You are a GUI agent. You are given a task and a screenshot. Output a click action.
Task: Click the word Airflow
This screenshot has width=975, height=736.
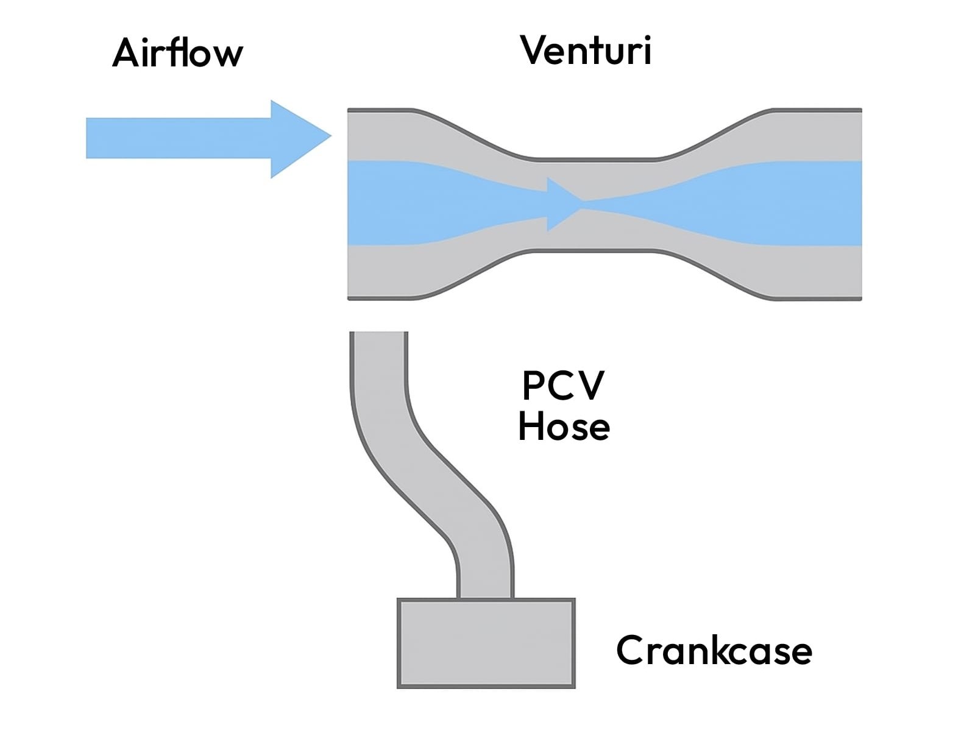click(177, 53)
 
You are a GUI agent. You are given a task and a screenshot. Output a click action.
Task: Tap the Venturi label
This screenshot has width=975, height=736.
click(586, 50)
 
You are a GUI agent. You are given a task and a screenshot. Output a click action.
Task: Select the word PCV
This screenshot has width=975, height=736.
click(563, 386)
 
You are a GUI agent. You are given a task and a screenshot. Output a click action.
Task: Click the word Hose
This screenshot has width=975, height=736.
click(564, 426)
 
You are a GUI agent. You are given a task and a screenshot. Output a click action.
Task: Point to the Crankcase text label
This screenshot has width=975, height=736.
click(714, 651)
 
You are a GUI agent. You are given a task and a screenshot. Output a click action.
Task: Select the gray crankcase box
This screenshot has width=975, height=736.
click(486, 643)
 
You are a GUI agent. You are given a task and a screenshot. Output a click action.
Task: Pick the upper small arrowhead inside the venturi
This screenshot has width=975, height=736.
click(561, 188)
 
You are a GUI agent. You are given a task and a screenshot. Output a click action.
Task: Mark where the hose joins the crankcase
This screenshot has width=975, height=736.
click(485, 597)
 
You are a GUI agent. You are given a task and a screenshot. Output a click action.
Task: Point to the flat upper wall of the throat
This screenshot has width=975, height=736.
click(595, 159)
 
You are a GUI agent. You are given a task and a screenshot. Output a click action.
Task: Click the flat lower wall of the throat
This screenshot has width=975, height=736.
click(595, 250)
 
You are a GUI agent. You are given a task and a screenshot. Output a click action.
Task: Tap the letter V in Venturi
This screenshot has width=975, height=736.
click(534, 50)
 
